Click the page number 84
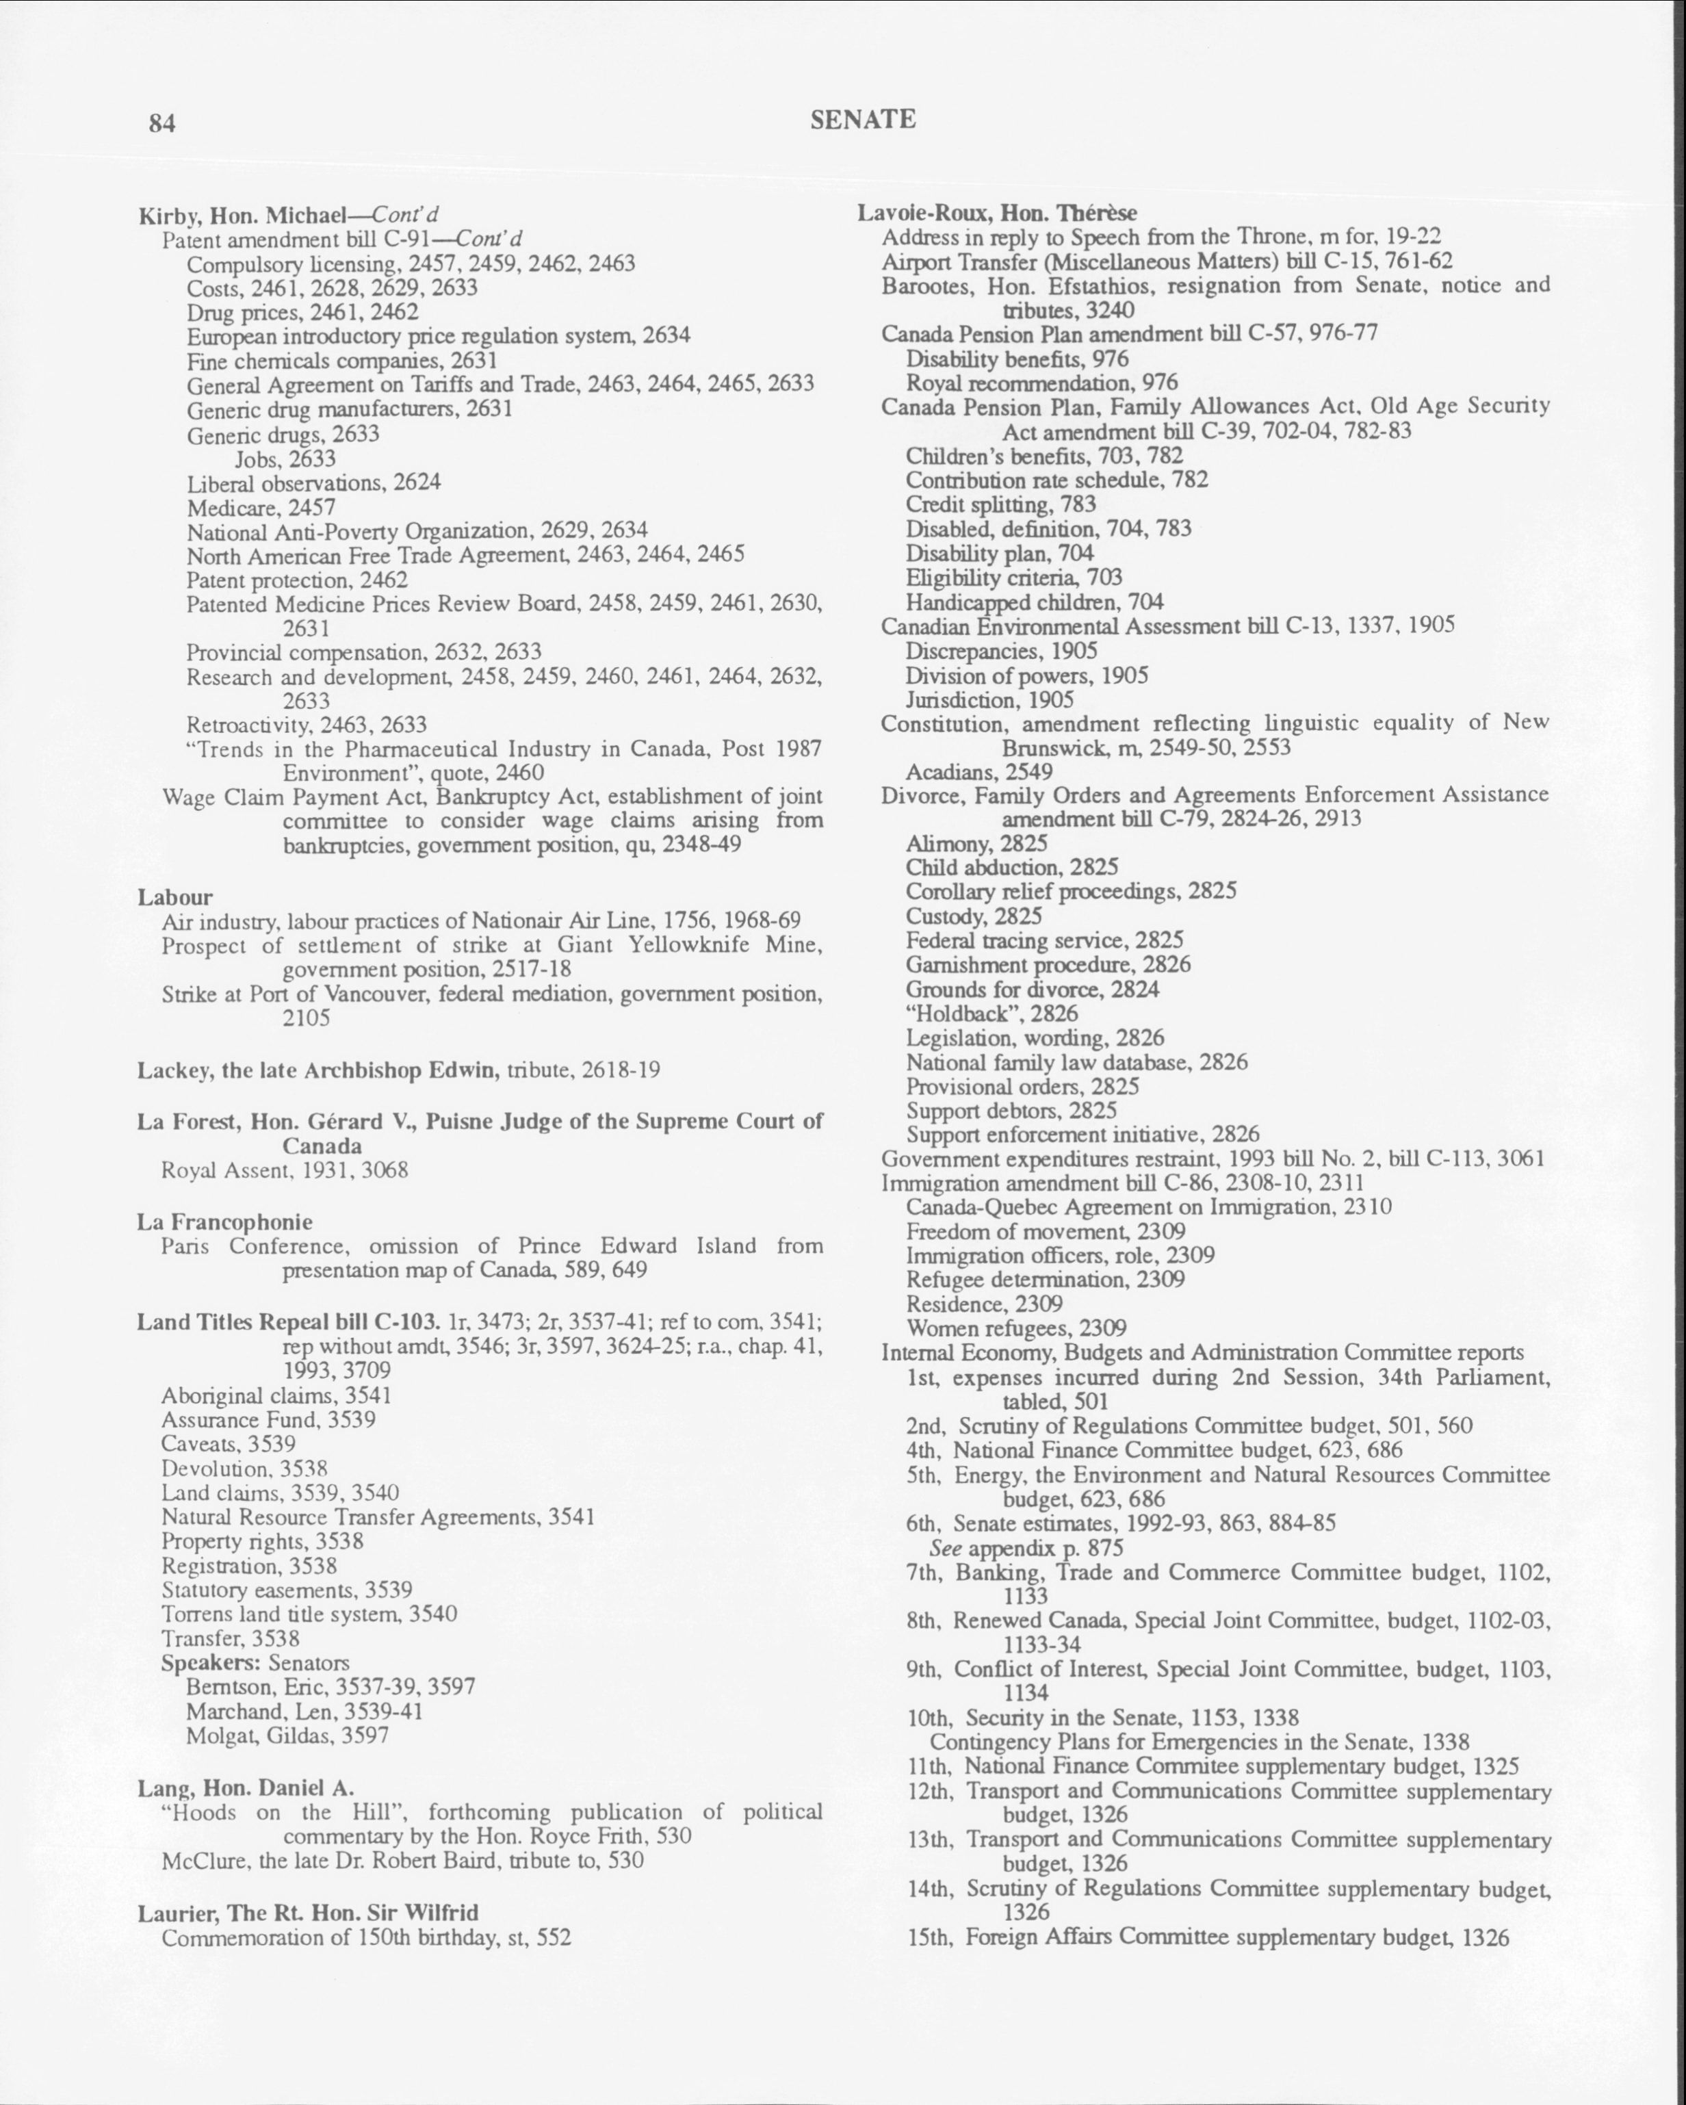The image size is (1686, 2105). coord(162,123)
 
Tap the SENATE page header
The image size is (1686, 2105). coord(863,119)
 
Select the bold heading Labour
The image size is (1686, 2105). coord(174,897)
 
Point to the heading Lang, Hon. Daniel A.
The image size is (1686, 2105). coord(245,1787)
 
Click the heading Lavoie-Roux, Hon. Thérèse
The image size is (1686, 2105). coord(997,213)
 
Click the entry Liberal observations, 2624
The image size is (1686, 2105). coord(313,483)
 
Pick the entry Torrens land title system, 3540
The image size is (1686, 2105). coord(309,1614)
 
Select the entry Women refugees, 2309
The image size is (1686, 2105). coord(1016,1328)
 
